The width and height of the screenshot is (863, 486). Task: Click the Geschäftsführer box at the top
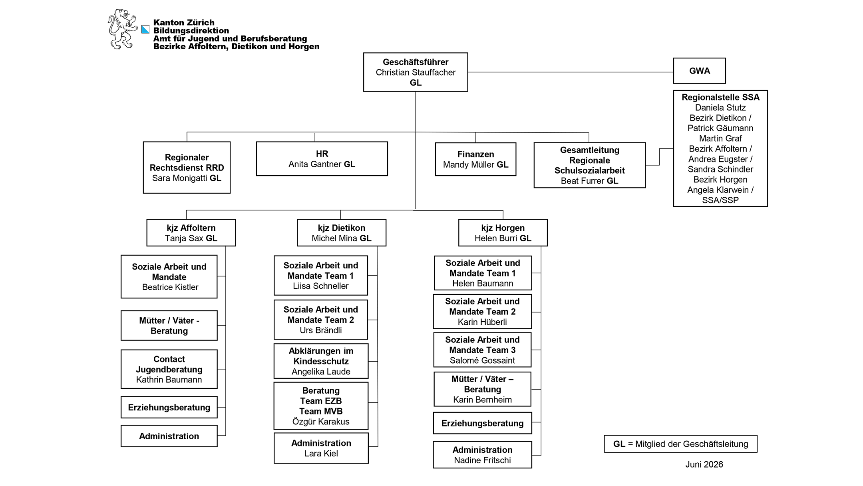point(416,72)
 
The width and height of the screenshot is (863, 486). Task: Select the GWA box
point(699,71)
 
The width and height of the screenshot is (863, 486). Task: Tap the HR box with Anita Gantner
point(322,159)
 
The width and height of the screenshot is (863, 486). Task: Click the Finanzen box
point(475,159)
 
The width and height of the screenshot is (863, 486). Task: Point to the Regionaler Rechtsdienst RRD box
point(187,168)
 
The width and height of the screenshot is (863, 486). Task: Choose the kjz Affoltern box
point(191,233)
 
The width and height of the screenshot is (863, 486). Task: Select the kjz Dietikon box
point(342,233)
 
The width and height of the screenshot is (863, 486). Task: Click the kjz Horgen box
point(503,233)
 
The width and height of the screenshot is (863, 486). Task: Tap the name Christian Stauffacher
point(416,72)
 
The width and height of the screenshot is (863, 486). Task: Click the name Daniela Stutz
point(720,108)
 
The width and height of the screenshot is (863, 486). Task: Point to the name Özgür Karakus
point(321,422)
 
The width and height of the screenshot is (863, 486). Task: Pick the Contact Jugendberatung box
point(169,369)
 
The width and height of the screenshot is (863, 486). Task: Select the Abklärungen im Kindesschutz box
point(321,361)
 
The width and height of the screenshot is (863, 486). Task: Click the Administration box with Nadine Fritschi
point(482,455)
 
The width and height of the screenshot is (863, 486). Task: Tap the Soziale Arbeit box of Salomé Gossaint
point(482,350)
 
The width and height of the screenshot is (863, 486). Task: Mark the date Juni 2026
point(704,464)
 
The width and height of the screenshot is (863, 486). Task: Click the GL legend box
point(680,444)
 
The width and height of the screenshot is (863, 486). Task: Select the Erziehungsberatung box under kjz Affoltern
point(169,407)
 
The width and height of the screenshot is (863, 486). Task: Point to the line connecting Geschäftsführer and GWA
point(571,72)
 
